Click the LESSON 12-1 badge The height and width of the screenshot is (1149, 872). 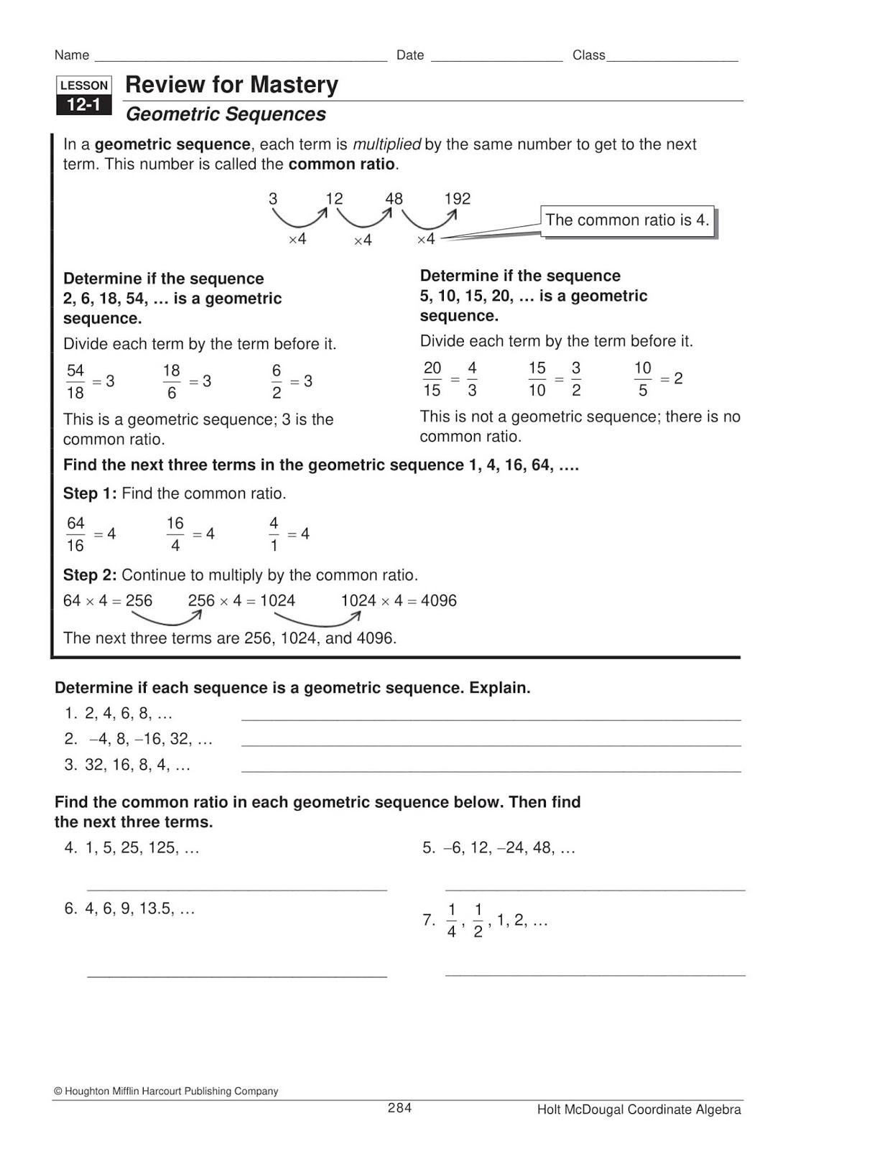pyautogui.click(x=84, y=96)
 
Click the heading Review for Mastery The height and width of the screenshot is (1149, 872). pyautogui.click(x=231, y=85)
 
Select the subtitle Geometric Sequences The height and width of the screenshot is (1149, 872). pyautogui.click(x=226, y=114)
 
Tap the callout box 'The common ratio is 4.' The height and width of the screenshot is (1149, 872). pyautogui.click(x=627, y=220)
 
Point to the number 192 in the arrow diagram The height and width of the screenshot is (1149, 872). pyautogui.click(x=457, y=199)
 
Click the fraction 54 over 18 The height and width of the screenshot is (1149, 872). pyautogui.click(x=75, y=381)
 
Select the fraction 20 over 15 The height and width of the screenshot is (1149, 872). pyautogui.click(x=432, y=378)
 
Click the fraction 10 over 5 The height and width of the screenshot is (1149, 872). pyautogui.click(x=642, y=378)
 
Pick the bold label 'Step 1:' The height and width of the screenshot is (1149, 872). pyautogui.click(x=90, y=493)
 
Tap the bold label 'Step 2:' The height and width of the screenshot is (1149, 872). pyautogui.click(x=90, y=575)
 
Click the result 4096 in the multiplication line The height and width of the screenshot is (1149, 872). pyautogui.click(x=438, y=600)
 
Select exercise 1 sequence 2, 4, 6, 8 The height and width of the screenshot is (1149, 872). pyautogui.click(x=128, y=713)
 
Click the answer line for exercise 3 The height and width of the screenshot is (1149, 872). pyautogui.click(x=491, y=771)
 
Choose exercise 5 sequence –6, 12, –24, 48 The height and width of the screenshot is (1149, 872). pyautogui.click(x=509, y=847)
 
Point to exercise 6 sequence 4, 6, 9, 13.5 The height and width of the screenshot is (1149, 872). pyautogui.click(x=139, y=908)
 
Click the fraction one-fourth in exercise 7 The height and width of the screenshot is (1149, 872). pyautogui.click(x=451, y=921)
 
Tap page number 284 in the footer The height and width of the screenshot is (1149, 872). pyautogui.click(x=399, y=1107)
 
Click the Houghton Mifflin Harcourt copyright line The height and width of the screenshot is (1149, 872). pyautogui.click(x=166, y=1091)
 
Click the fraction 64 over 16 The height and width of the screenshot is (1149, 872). pyautogui.click(x=75, y=534)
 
